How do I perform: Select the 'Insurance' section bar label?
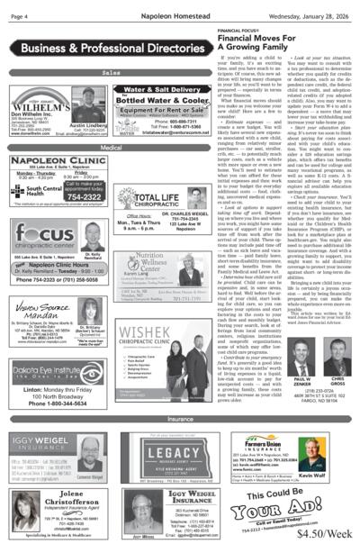pyautogui.click(x=179, y=419)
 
